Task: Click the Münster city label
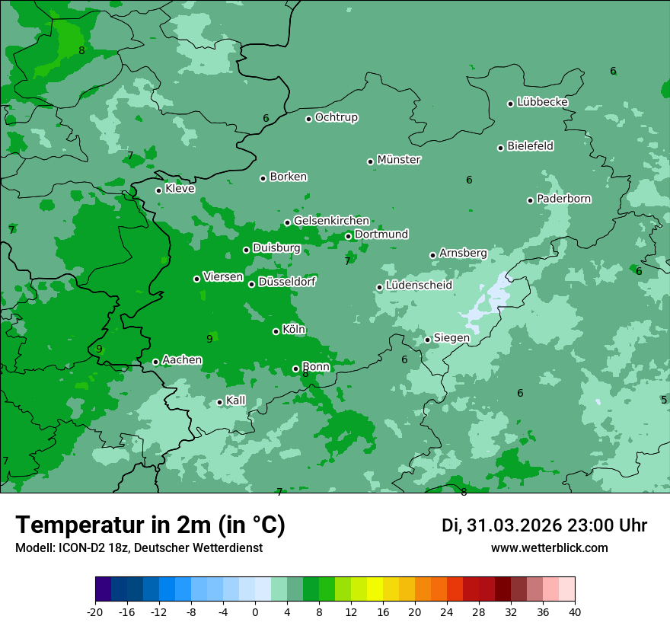point(398,160)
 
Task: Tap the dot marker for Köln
point(276,331)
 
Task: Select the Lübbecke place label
point(542,102)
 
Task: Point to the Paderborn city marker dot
point(530,200)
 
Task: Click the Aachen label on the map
point(182,360)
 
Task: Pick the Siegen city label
point(451,338)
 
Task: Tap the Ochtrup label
point(336,117)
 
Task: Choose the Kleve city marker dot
point(158,190)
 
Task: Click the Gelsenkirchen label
point(331,221)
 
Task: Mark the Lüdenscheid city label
point(419,286)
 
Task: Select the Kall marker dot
point(219,402)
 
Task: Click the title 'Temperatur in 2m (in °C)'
point(151,525)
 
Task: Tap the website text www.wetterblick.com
point(549,547)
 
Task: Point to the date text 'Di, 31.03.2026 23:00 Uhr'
point(544,525)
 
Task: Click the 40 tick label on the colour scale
point(575,611)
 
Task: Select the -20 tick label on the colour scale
point(95,611)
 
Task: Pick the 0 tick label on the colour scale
point(255,611)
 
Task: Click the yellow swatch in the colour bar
point(375,589)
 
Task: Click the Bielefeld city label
point(530,146)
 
